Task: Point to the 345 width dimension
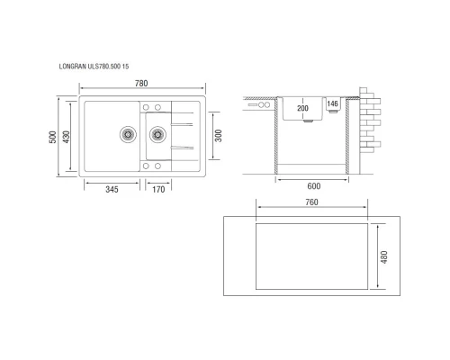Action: [111, 190]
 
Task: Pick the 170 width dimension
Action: [157, 190]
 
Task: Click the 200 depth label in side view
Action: [302, 108]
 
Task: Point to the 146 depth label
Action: [332, 104]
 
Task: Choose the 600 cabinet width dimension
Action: [312, 187]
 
